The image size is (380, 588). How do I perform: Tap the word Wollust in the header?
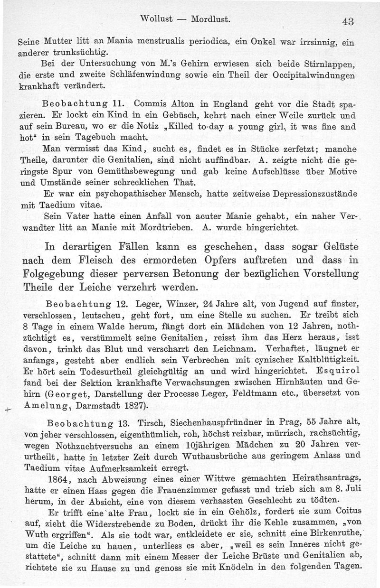tap(160, 19)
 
